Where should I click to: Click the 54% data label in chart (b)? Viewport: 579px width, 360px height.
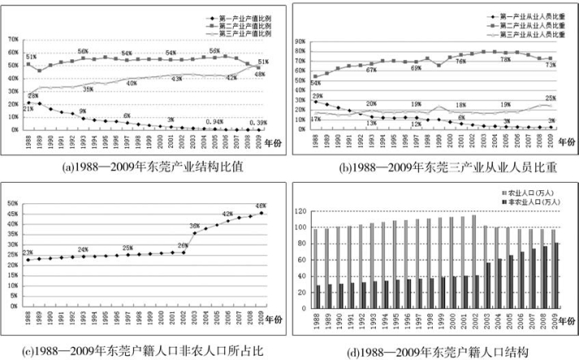click(316, 84)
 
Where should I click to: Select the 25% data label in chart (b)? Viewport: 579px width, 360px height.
click(551, 98)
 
